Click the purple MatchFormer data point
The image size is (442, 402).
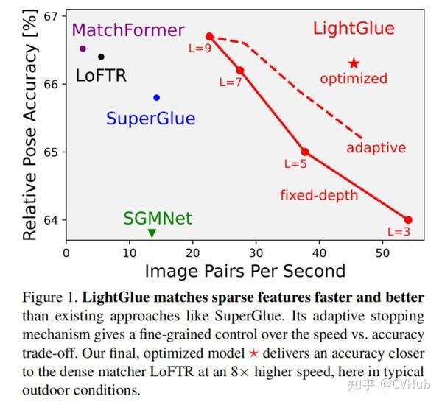pyautogui.click(x=83, y=49)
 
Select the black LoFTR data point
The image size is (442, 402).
pyautogui.click(x=101, y=57)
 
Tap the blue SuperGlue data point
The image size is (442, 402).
pyautogui.click(x=156, y=97)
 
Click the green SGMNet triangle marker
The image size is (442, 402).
pyautogui.click(x=152, y=233)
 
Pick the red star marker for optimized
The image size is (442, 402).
pyautogui.click(x=354, y=64)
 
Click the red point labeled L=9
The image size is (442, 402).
pyautogui.click(x=209, y=36)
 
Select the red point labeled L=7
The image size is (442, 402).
pyautogui.click(x=239, y=70)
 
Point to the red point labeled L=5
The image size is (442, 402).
pyautogui.click(x=305, y=152)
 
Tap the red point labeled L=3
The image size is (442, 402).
pyautogui.click(x=408, y=220)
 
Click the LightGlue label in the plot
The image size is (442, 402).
pyautogui.click(x=354, y=29)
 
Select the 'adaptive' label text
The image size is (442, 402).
pyautogui.click(x=376, y=148)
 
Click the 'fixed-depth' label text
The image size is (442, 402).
pyautogui.click(x=318, y=195)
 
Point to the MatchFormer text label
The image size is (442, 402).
pyautogui.click(x=128, y=30)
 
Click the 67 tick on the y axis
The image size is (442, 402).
pyautogui.click(x=52, y=16)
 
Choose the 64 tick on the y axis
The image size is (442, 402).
pyautogui.click(x=52, y=220)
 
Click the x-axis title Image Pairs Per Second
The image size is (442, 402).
pyautogui.click(x=245, y=271)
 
